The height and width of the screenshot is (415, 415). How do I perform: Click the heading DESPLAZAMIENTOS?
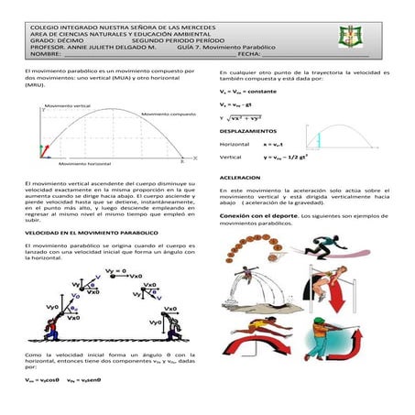tap(251, 131)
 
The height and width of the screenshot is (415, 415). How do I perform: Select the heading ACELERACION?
tap(242, 177)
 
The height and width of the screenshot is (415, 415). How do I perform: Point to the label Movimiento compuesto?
tap(169, 113)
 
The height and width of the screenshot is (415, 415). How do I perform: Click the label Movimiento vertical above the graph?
tap(68, 104)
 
